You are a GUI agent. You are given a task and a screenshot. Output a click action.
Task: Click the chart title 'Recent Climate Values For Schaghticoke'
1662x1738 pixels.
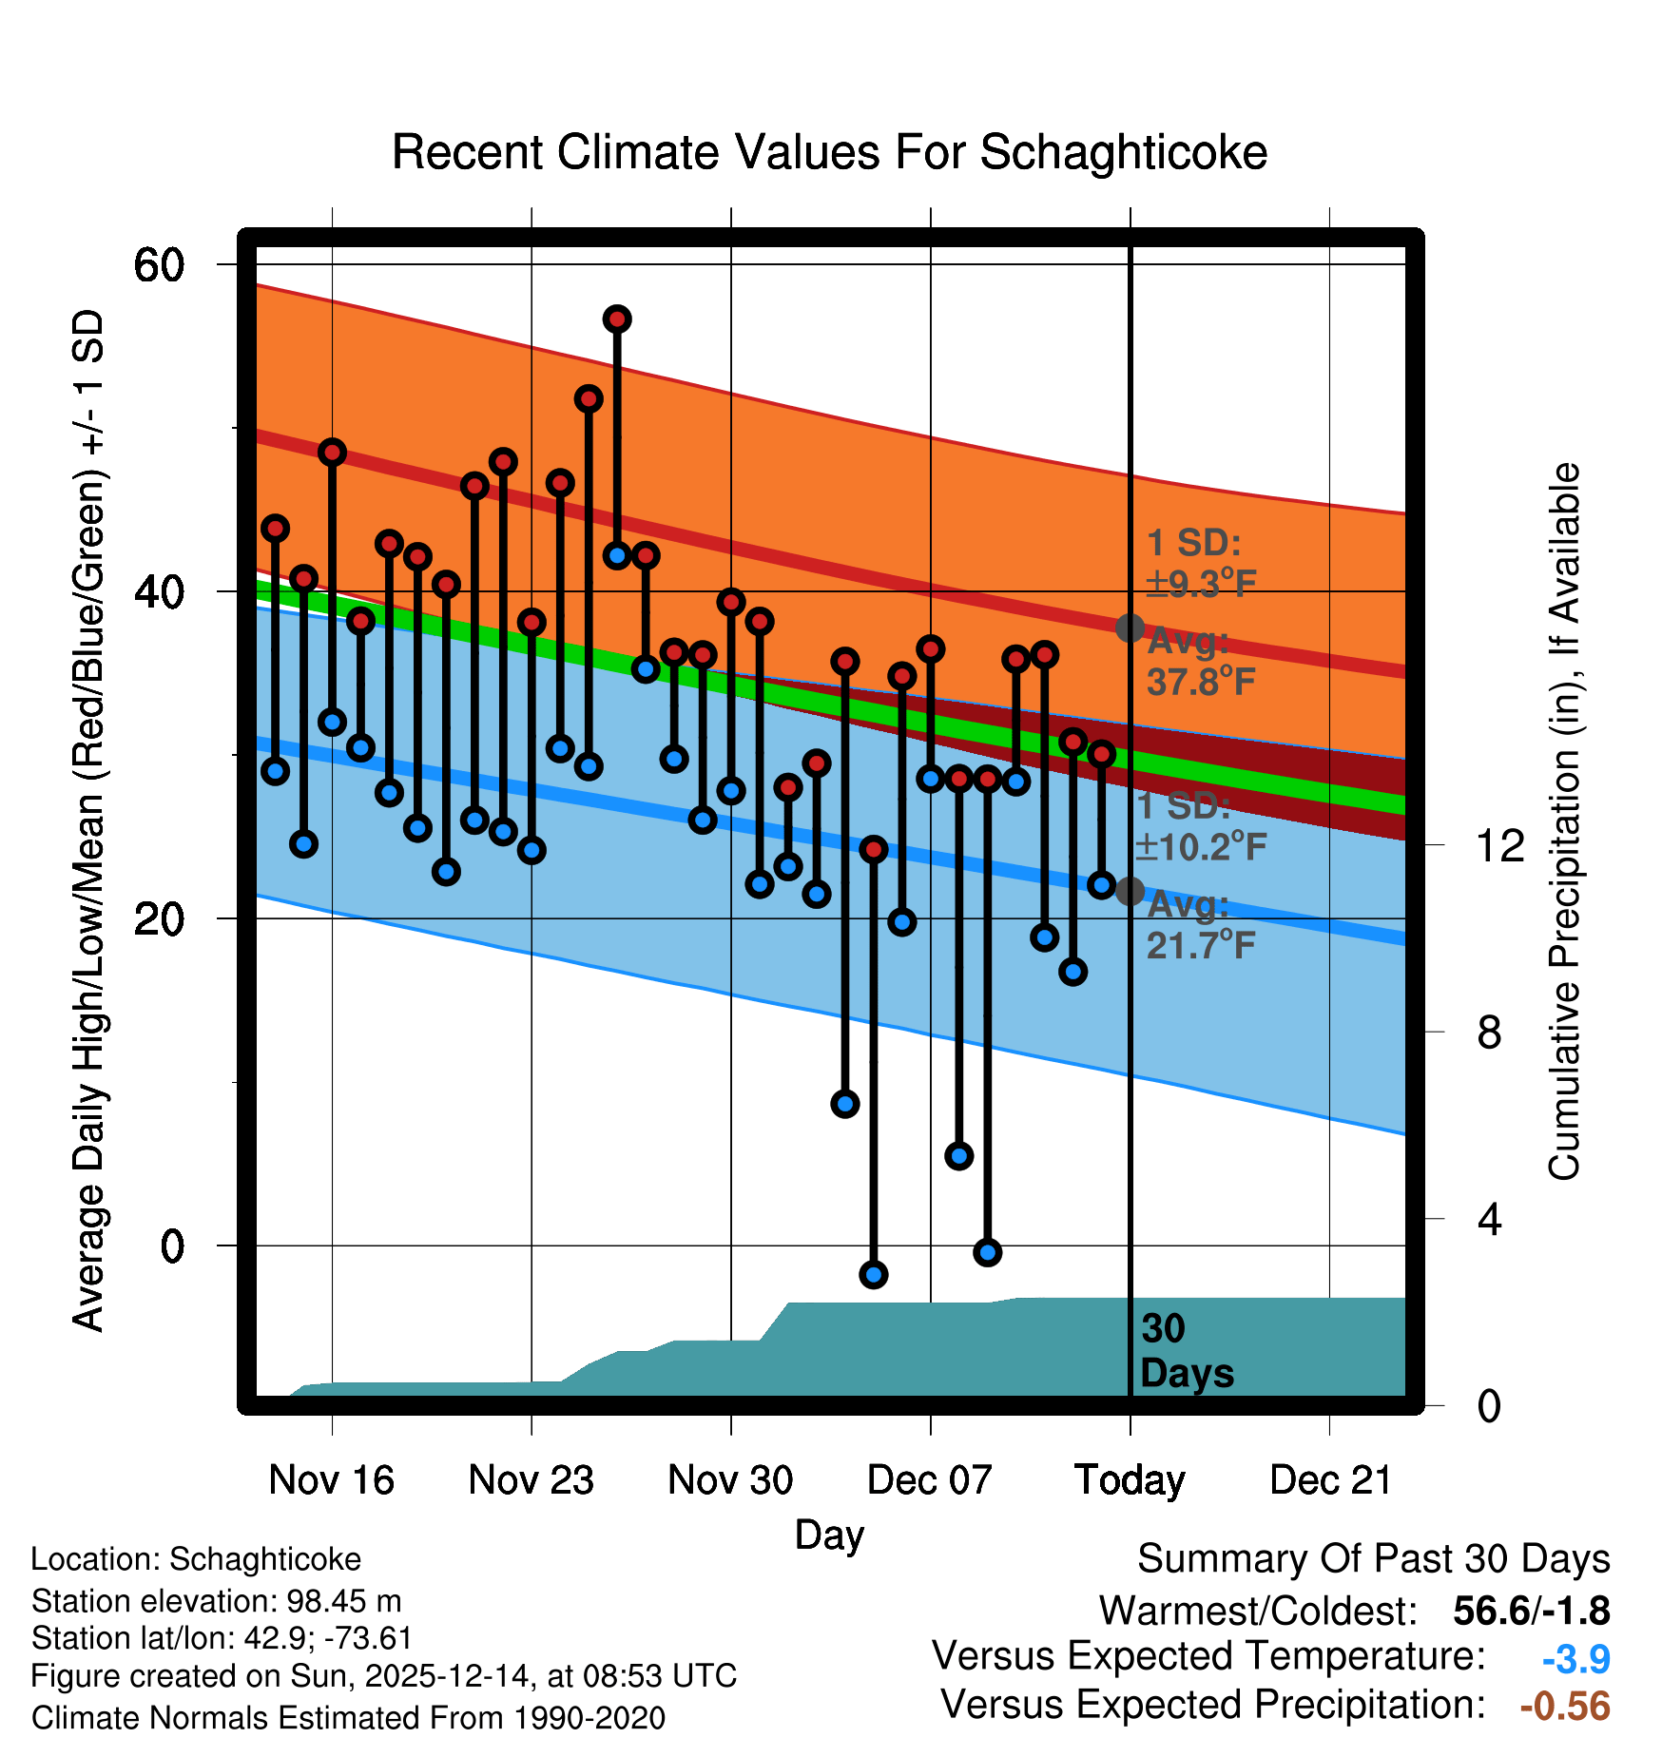829,153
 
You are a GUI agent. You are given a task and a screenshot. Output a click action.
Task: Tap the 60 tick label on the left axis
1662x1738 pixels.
159,264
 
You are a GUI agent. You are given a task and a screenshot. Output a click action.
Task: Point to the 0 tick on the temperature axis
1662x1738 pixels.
172,1246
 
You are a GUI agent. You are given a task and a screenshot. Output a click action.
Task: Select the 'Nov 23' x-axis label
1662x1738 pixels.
531,1479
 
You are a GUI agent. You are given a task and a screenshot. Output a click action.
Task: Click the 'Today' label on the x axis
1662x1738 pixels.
1130,1479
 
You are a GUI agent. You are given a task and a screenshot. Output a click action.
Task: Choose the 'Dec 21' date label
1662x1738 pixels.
1330,1479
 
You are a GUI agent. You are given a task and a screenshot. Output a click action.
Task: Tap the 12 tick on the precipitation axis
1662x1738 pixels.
1500,845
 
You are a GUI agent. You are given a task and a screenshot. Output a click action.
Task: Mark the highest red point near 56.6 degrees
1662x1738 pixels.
617,319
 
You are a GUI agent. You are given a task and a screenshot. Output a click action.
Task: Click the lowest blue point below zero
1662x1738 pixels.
874,1274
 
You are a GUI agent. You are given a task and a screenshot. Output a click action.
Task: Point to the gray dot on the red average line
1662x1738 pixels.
1130,628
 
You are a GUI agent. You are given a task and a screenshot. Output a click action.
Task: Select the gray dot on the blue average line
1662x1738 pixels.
1130,891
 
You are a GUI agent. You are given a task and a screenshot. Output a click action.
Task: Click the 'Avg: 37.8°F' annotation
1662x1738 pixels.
1200,662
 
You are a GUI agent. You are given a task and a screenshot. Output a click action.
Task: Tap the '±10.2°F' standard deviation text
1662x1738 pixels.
1202,846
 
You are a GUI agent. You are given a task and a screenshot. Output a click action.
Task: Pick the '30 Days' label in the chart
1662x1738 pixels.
1186,1351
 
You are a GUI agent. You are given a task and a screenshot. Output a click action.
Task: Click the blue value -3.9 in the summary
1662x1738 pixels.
1575,1660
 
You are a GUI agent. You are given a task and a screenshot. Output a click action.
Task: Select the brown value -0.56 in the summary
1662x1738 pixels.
1565,1706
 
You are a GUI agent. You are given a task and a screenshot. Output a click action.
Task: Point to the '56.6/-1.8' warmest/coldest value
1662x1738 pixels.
1531,1611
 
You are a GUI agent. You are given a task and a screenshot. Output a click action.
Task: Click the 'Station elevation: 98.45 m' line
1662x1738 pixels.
216,1601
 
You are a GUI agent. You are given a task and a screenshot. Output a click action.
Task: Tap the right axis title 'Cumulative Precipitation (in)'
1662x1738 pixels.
1564,821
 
